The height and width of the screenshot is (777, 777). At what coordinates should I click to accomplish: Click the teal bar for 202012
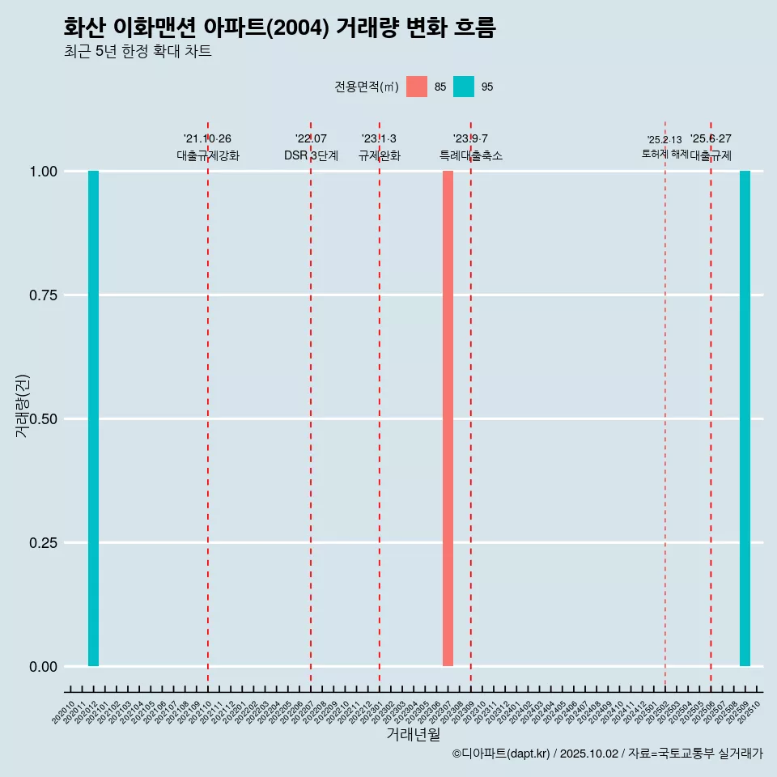(93, 418)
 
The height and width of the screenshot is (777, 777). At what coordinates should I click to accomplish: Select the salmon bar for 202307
(448, 418)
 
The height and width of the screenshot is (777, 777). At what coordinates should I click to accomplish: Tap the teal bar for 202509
(745, 418)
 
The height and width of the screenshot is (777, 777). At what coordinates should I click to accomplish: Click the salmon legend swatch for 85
(417, 87)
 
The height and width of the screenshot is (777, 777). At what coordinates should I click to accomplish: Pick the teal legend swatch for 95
(464, 87)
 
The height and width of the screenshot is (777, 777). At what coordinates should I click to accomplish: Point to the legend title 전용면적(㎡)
(366, 87)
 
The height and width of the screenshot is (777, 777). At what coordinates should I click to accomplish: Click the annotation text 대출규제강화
(208, 155)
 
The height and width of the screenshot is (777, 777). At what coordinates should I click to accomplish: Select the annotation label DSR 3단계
(311, 155)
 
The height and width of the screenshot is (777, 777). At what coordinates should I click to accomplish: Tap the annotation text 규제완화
(380, 155)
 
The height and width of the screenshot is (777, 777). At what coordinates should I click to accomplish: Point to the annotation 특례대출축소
(471, 155)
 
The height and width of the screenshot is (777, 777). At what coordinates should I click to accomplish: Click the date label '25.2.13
(664, 140)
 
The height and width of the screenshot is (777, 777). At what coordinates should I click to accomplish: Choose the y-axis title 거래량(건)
(23, 405)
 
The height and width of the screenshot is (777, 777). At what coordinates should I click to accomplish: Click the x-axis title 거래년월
(413, 735)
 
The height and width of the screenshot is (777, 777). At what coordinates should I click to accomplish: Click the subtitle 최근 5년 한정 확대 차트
(138, 52)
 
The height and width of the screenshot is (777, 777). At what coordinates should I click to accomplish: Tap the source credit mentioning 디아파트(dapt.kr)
(607, 754)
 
